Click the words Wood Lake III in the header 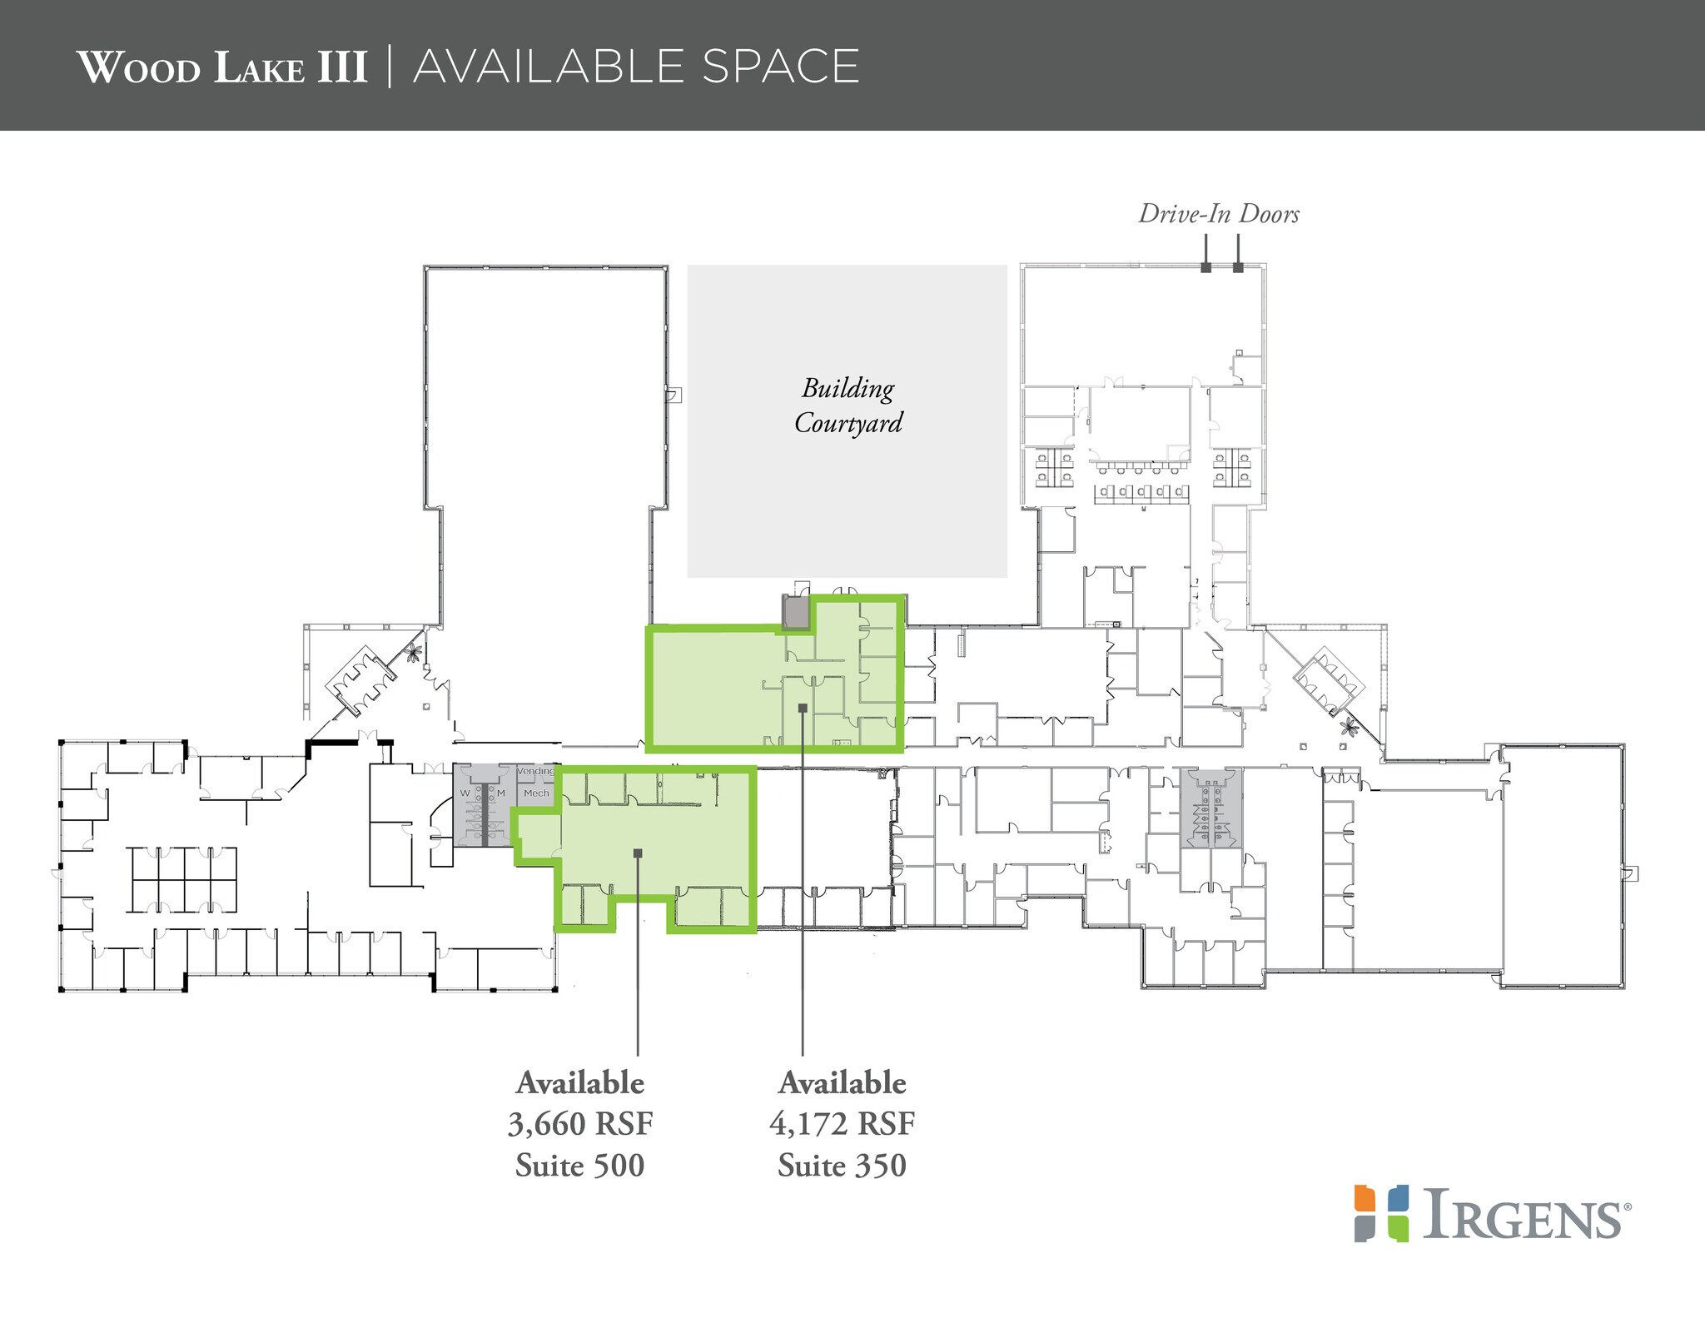click(222, 67)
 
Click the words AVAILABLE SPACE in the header click(636, 67)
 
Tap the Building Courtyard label click(848, 405)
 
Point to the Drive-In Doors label click(1218, 215)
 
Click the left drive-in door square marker click(1205, 268)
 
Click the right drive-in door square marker click(1238, 268)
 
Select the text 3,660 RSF click(580, 1124)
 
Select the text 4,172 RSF click(842, 1124)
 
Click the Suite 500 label click(579, 1165)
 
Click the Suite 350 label click(842, 1165)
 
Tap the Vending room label click(535, 772)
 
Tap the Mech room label click(536, 793)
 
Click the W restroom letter click(465, 793)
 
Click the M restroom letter click(501, 793)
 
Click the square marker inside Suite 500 click(638, 853)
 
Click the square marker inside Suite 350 click(803, 708)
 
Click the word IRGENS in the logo click(1522, 1216)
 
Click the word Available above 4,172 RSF click(842, 1083)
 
